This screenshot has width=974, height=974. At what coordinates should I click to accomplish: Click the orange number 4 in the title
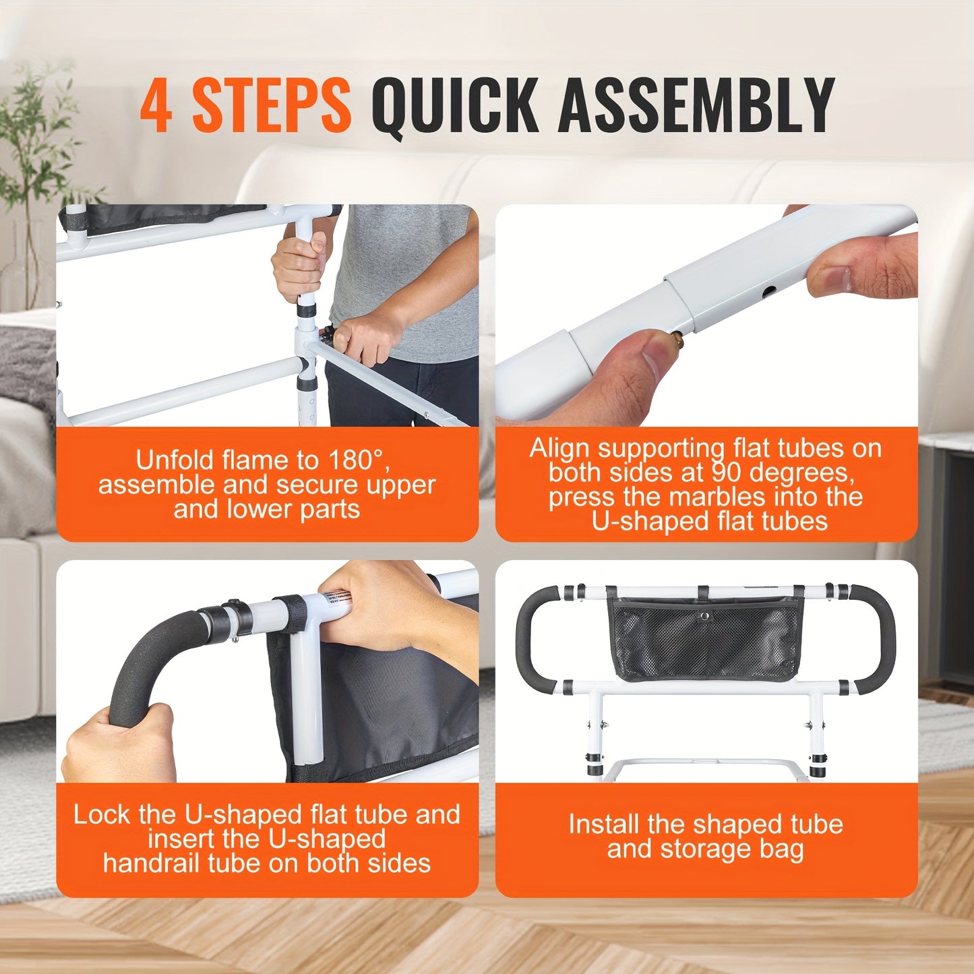(156, 105)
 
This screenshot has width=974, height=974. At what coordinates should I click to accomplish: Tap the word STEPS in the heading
(271, 105)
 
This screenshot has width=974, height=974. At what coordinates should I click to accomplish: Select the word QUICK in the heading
(455, 106)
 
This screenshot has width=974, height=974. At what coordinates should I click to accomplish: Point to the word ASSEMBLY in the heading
(696, 105)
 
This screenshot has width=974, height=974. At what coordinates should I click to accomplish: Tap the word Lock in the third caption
(101, 814)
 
